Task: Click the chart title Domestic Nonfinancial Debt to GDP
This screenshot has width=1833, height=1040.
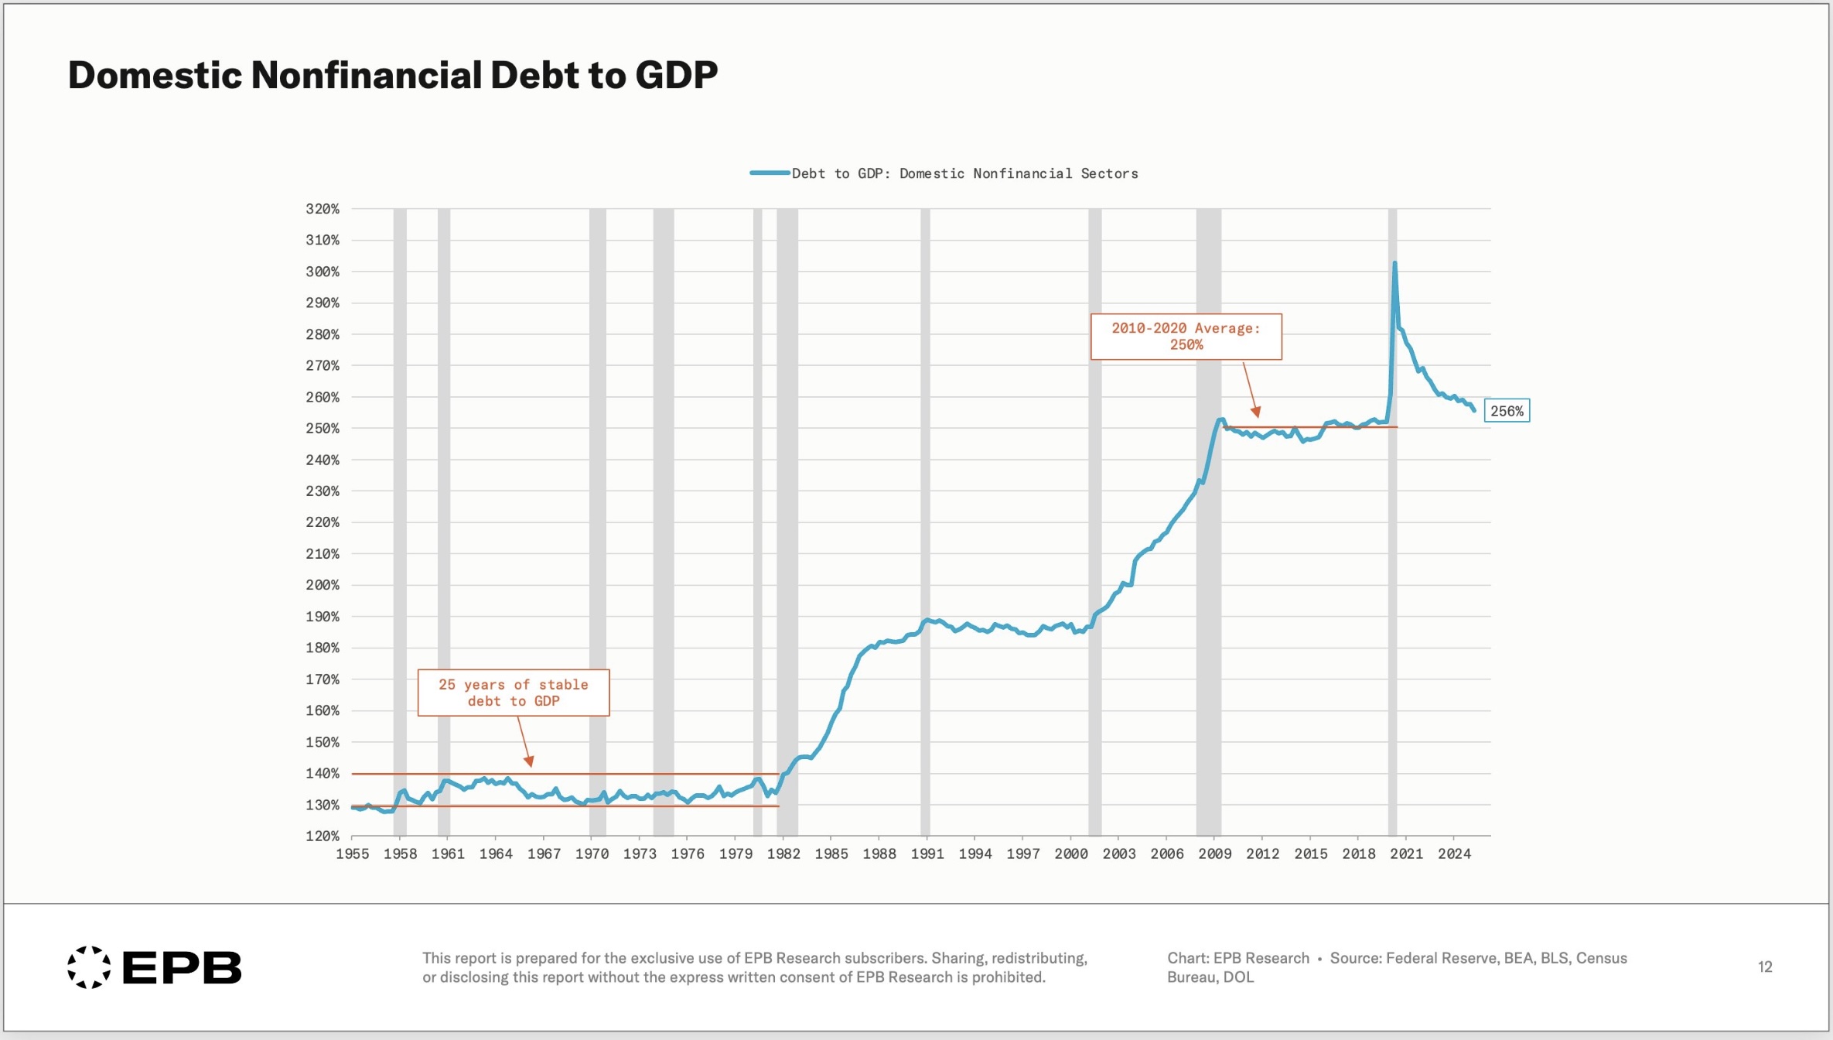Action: point(393,75)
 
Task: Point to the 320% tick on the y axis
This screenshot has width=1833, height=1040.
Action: point(323,209)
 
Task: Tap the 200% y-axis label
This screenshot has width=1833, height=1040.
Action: point(323,585)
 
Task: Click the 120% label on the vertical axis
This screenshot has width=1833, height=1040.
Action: point(323,836)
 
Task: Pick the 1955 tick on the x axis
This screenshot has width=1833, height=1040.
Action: point(352,854)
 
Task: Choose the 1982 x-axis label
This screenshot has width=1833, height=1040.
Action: point(783,854)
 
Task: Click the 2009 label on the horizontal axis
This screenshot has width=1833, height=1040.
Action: point(1214,854)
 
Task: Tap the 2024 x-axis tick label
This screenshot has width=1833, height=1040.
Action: point(1454,854)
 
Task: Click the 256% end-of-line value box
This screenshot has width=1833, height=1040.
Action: point(1507,411)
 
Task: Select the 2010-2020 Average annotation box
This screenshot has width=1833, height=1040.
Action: point(1186,337)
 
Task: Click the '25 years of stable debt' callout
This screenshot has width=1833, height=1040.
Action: point(514,693)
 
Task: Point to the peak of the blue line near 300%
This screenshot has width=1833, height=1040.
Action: point(1394,264)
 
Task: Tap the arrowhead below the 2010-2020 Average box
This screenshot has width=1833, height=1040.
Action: point(1256,412)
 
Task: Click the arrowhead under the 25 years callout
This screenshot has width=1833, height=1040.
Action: point(530,762)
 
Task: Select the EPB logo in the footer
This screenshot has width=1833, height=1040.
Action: point(155,967)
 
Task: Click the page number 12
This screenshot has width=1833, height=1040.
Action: point(1764,966)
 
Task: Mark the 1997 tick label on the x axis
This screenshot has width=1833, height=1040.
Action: point(1022,854)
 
